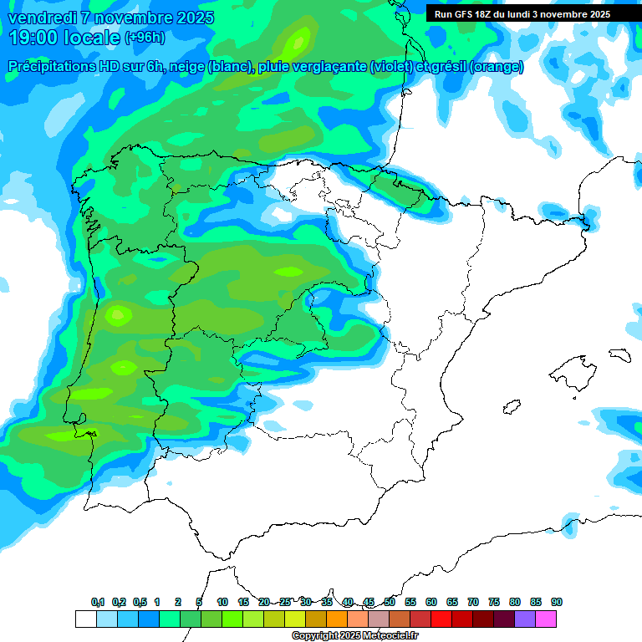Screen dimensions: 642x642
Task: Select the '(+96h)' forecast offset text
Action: (145, 38)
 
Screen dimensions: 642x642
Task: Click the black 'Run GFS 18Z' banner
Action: (522, 14)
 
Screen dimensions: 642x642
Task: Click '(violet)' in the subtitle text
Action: (398, 67)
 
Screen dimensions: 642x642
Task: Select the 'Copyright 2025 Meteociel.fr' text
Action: (354, 636)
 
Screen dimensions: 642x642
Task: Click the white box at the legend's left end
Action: (85, 619)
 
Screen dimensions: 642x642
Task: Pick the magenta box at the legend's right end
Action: (546, 619)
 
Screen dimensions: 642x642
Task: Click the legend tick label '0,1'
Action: (98, 603)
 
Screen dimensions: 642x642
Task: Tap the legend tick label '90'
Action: (557, 603)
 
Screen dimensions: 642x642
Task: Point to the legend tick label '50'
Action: (390, 603)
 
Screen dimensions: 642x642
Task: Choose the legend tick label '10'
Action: (222, 603)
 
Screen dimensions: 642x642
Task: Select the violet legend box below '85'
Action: (525, 619)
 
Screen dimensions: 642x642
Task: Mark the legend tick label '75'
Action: (494, 603)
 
